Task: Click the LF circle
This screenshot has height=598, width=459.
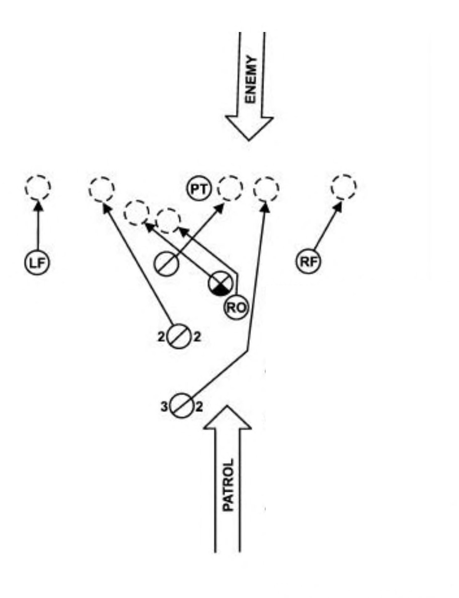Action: tap(37, 263)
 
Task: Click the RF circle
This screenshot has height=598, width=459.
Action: tap(309, 262)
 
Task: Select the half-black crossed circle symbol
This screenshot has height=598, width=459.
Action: tap(220, 284)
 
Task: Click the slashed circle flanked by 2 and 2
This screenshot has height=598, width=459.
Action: tap(179, 336)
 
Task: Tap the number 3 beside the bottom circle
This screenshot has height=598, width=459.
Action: tap(164, 407)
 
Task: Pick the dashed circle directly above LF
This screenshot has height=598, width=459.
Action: tap(37, 187)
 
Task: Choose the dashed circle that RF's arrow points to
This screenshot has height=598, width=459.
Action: tap(344, 187)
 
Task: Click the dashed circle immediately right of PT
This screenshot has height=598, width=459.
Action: tap(230, 188)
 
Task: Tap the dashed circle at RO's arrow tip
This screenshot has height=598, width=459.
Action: tap(168, 221)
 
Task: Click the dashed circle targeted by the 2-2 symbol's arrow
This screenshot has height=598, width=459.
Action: tap(101, 189)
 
